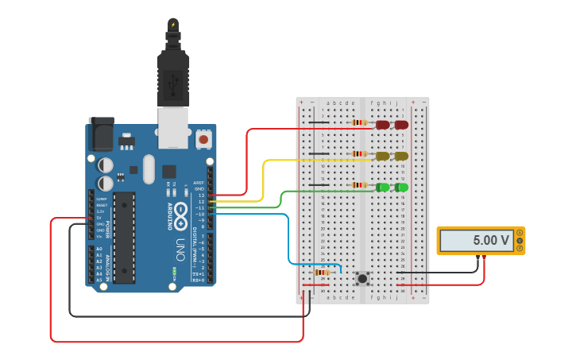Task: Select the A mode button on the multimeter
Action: pyautogui.click(x=520, y=232)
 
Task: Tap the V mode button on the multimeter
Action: pyautogui.click(x=520, y=240)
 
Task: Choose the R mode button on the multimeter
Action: pyautogui.click(x=520, y=248)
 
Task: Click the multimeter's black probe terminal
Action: pyautogui.click(x=477, y=257)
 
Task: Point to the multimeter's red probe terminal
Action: pyautogui.click(x=485, y=257)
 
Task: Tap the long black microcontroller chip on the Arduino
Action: pyautogui.click(x=123, y=237)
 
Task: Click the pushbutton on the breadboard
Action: pyautogui.click(x=362, y=278)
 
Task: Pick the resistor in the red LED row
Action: pyautogui.click(x=360, y=123)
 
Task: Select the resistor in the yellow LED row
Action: pyautogui.click(x=360, y=154)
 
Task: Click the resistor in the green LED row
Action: pyautogui.click(x=360, y=185)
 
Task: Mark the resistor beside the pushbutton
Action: pyautogui.click(x=322, y=272)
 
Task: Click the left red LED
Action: pyautogui.click(x=383, y=125)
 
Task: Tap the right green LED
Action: pyautogui.click(x=401, y=187)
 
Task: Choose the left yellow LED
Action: pyautogui.click(x=383, y=156)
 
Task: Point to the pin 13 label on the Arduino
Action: pyautogui.click(x=201, y=195)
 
